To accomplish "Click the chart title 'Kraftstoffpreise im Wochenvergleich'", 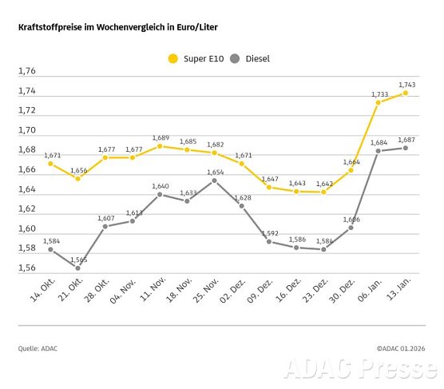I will click(x=118, y=27).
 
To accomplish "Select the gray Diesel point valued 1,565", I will click(x=77, y=268).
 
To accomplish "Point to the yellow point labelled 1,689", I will click(x=160, y=146).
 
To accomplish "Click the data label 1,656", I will click(x=77, y=169).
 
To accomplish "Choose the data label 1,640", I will click(x=160, y=185).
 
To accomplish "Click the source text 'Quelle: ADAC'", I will click(x=38, y=348).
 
